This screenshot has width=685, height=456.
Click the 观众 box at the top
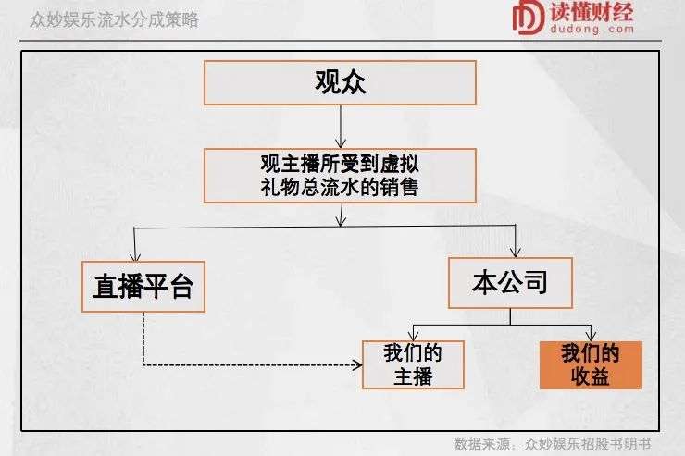340,83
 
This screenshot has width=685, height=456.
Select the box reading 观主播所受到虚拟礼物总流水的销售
340,176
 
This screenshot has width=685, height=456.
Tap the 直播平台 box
143,287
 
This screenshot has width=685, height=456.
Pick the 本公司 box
510,283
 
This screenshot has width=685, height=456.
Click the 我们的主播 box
413,364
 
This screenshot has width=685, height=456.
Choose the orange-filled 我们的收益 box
591,365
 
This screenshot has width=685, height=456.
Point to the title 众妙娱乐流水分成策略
114,20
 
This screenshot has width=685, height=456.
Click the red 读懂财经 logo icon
529,18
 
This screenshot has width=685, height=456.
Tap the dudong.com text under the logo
592,30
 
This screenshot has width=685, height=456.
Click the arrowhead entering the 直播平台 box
135,255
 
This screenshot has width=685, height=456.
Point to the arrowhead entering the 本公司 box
516,252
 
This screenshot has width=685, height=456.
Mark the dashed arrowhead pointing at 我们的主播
357,364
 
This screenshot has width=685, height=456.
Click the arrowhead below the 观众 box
341,142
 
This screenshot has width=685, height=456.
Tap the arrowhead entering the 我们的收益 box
592,336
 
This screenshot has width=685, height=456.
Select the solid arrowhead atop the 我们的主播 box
413,335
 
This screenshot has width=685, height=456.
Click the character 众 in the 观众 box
353,82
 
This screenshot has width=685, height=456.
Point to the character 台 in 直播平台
181,286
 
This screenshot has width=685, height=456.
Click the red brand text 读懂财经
592,12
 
